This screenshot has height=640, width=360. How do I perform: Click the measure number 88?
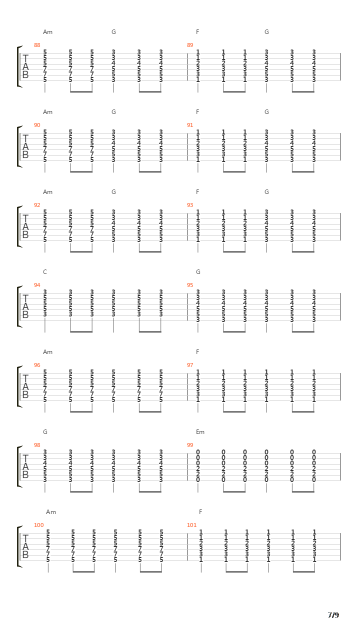pos(37,45)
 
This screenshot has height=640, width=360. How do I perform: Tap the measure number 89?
pos(190,45)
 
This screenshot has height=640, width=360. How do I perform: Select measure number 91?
pos(190,125)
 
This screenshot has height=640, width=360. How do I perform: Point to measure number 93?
pos(190,205)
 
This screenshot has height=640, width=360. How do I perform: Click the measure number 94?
pos(37,285)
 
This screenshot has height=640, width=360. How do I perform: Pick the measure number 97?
pos(190,365)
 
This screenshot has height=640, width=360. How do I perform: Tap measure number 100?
pos(39,525)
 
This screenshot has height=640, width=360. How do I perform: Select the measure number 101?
pos(191,525)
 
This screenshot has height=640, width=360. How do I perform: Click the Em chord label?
pos(200,432)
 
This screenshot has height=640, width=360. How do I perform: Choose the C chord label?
pos(45,272)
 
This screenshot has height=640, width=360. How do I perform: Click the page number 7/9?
pos(333,615)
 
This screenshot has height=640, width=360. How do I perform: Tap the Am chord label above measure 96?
pos(47,352)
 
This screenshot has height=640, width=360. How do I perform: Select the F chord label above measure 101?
pos(200,512)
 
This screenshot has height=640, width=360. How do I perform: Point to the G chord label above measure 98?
pos(45,432)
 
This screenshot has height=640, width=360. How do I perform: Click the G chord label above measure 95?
pos(198,272)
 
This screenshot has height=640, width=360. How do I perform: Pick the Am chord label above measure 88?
pos(47,32)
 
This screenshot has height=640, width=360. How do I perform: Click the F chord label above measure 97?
pos(197,352)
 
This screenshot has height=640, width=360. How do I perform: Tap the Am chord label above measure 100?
pos(51,512)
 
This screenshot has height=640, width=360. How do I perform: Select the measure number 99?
pos(190,445)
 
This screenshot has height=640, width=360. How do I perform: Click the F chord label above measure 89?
pos(197,32)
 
